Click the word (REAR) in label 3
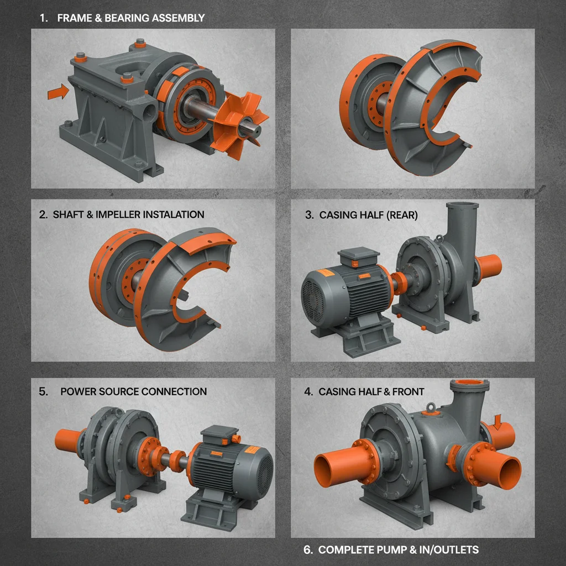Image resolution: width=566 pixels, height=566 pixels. [399, 215]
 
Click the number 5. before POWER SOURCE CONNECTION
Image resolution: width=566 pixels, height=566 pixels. [44, 391]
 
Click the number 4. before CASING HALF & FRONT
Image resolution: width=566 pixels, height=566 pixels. [308, 391]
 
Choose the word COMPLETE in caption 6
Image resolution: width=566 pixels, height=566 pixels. [350, 549]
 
